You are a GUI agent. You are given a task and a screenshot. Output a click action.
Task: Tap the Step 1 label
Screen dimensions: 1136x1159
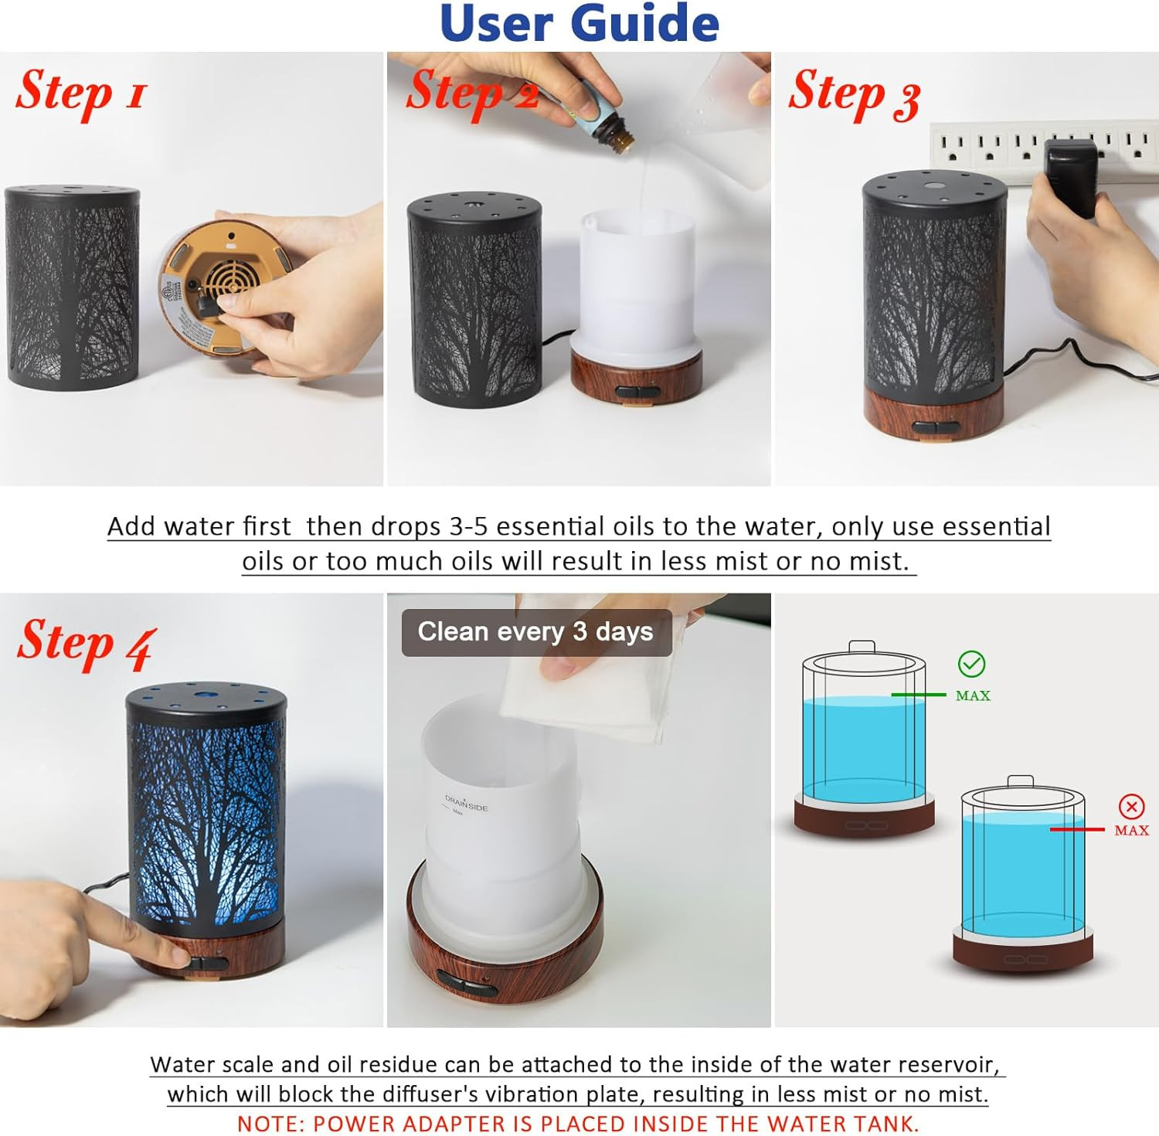(80, 94)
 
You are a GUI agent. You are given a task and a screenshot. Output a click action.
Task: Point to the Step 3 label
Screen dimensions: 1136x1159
(854, 95)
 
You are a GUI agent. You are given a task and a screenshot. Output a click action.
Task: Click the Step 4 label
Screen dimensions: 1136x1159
(87, 644)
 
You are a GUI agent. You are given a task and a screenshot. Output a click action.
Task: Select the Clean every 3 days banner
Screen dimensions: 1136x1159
(535, 631)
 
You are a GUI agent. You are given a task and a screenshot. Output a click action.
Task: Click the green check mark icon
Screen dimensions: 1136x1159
(971, 664)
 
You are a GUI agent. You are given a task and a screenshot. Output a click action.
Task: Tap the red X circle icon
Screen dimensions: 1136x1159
(1131, 807)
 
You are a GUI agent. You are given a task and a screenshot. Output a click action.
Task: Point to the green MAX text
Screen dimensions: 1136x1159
(973, 696)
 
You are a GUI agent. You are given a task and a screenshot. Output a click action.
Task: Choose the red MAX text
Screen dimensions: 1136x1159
(1131, 831)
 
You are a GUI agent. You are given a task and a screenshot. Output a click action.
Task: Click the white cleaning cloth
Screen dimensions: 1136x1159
(587, 688)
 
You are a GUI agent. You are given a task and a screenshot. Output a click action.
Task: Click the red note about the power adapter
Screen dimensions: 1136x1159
(578, 1123)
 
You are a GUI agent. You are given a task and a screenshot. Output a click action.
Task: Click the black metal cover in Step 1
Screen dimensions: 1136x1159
(73, 286)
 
